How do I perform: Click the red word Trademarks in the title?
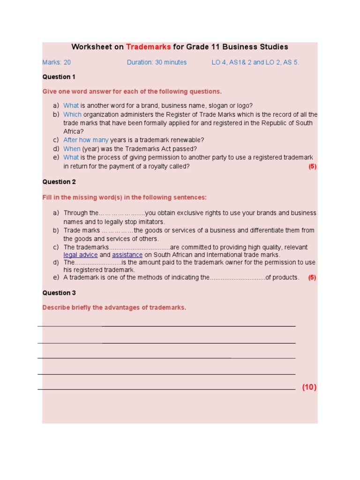(x=149, y=47)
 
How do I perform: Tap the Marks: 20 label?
(x=57, y=62)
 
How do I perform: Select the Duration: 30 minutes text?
(x=157, y=62)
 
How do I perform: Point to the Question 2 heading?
(x=59, y=182)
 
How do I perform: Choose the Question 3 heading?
(x=59, y=293)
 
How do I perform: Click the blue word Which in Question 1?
(x=72, y=114)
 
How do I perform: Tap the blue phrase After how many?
(x=86, y=140)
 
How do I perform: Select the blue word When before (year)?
(x=72, y=149)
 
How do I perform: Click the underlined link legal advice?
(x=81, y=255)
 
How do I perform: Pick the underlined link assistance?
(x=127, y=255)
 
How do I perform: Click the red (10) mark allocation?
(x=309, y=387)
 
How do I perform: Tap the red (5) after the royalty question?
(x=312, y=166)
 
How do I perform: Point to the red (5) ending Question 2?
(x=312, y=277)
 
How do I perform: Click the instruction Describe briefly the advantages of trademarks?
(x=114, y=308)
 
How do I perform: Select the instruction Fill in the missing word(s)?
(x=124, y=197)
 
